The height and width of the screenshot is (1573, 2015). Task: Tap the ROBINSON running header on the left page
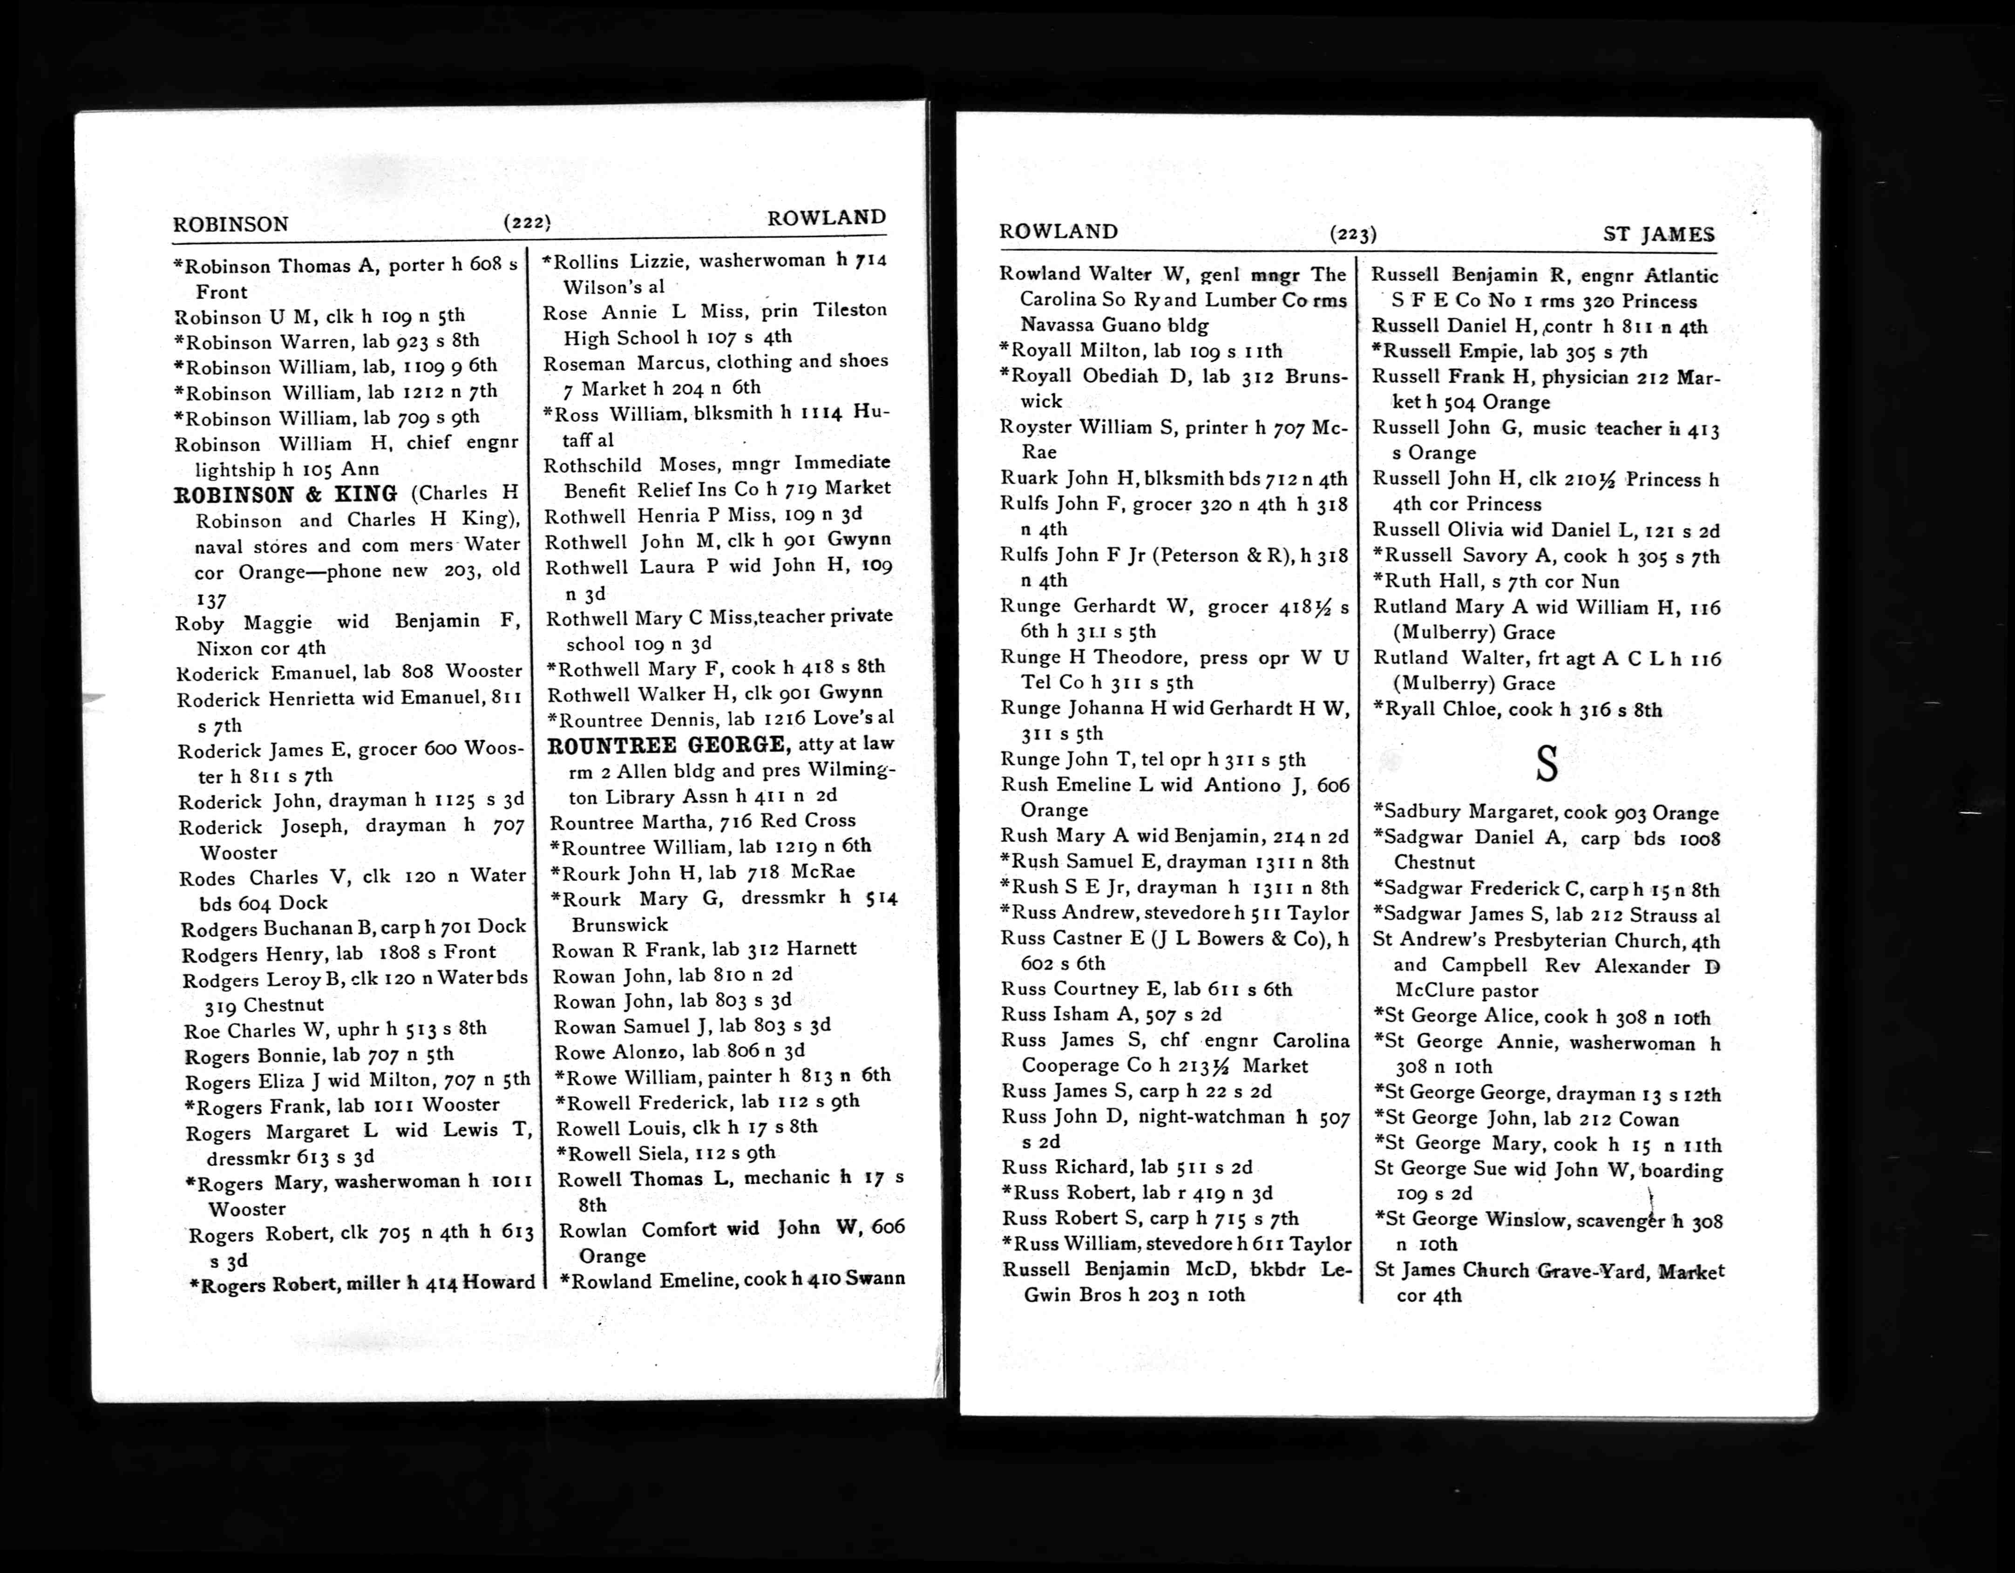[x=231, y=224]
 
